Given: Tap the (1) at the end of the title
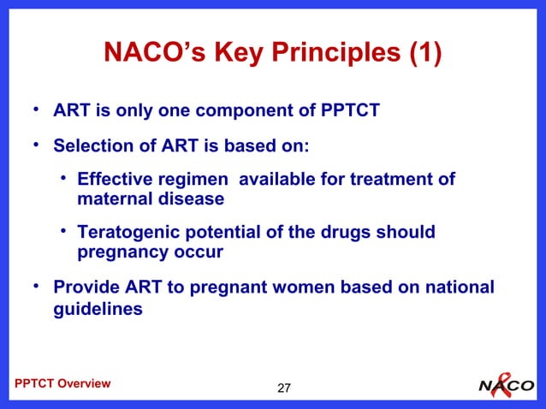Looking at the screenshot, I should (x=425, y=54).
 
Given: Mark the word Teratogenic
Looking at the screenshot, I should (x=128, y=233).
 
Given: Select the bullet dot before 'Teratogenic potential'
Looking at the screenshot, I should (x=64, y=232).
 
